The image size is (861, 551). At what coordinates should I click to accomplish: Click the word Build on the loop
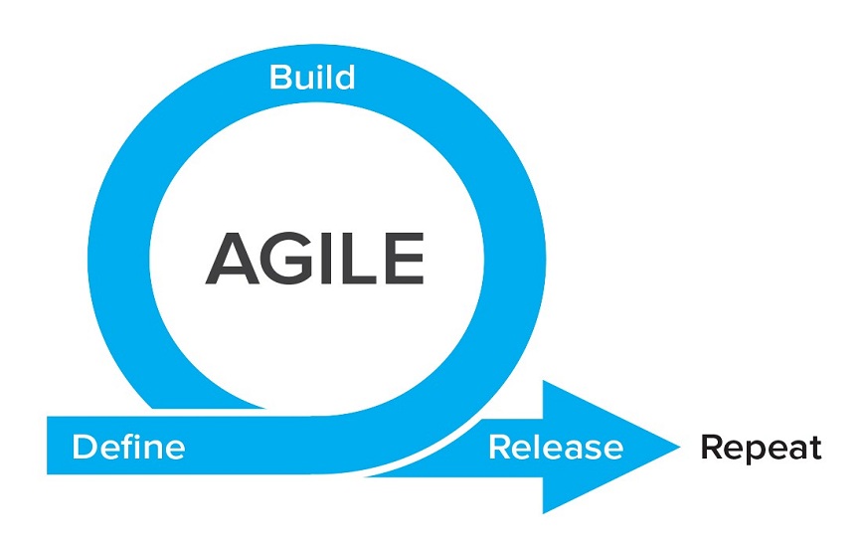(312, 78)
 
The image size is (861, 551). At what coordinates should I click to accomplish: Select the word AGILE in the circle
(315, 259)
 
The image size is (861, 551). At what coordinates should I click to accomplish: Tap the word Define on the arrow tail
(128, 447)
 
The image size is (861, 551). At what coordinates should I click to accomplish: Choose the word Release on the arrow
(556, 448)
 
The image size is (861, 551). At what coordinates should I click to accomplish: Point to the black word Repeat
(761, 448)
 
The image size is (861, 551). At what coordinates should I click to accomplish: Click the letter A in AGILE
(233, 259)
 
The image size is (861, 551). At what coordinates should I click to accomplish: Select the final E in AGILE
(406, 259)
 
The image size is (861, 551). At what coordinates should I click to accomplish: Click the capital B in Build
(280, 78)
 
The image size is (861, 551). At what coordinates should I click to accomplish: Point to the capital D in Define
(85, 448)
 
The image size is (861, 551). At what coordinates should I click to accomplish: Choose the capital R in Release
(500, 448)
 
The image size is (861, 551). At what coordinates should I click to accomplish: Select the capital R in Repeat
(712, 448)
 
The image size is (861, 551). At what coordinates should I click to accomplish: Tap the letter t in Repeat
(814, 449)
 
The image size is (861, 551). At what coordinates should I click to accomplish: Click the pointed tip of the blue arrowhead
(680, 447)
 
